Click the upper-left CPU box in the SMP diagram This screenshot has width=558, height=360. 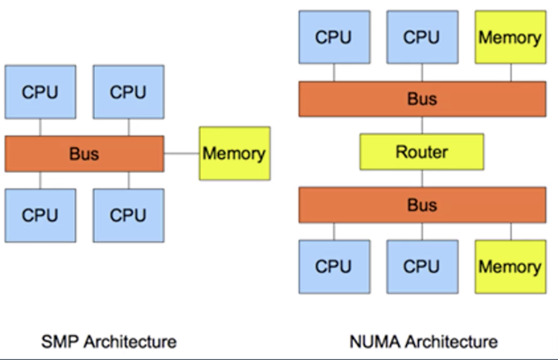tap(39, 92)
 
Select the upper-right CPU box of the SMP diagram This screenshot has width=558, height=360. tap(128, 92)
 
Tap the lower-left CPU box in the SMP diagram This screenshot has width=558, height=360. tap(39, 215)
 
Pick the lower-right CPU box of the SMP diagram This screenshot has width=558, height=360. tap(128, 215)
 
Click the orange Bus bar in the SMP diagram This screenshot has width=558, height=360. tap(84, 153)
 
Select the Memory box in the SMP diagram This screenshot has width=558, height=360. tap(234, 153)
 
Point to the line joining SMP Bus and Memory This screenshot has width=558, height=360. tap(181, 153)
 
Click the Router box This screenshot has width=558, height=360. tap(421, 152)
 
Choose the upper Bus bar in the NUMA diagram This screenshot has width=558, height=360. tap(421, 100)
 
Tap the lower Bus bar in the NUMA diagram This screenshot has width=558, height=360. tap(421, 205)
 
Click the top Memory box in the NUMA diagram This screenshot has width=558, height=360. tap(510, 38)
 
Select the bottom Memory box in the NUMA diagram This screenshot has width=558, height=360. tap(510, 267)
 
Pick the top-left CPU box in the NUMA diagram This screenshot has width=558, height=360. tap(333, 38)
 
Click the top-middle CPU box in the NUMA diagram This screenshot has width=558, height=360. tap(421, 38)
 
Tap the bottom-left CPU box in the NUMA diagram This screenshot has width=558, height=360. tap(333, 267)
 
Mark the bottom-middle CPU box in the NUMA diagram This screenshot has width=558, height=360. tap(421, 267)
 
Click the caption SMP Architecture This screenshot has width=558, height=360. tap(109, 341)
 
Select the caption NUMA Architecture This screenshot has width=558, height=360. tap(424, 341)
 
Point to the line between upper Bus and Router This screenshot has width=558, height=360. tap(421, 125)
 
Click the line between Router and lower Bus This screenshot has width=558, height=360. tap(421, 178)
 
